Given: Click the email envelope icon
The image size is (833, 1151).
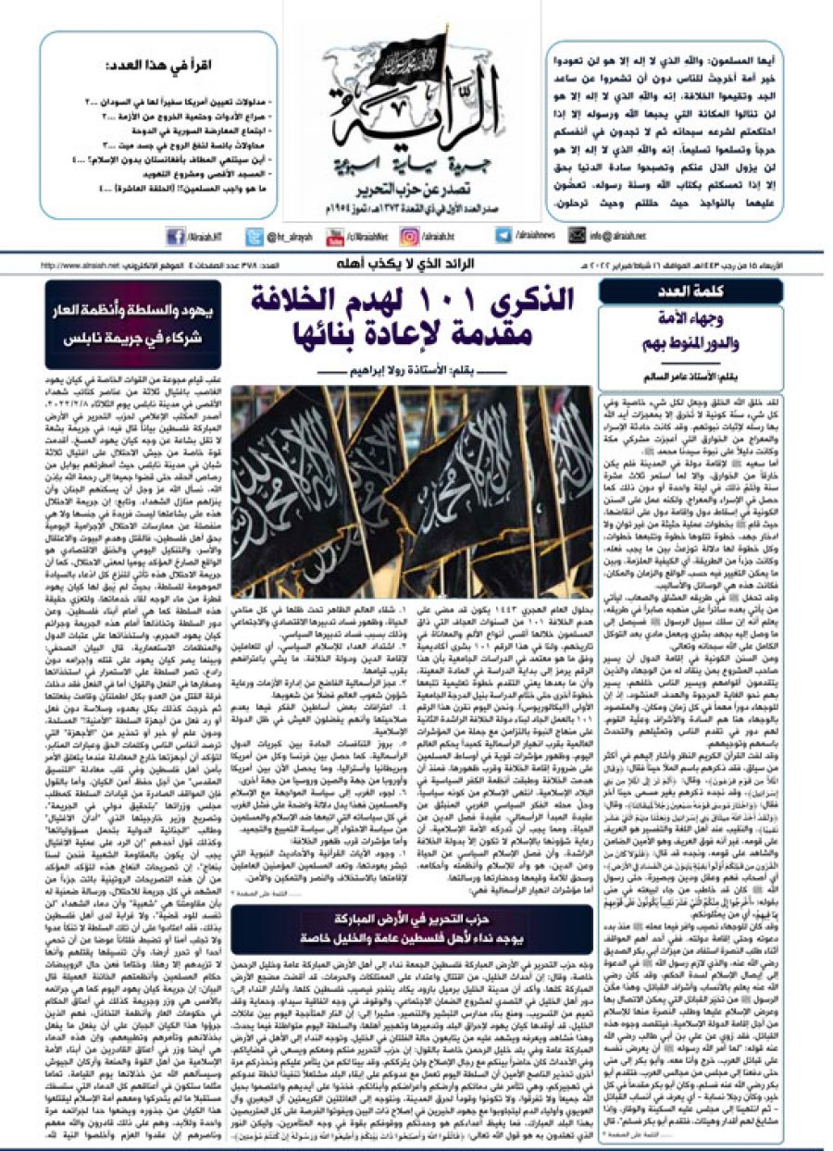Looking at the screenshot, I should (x=577, y=236).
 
